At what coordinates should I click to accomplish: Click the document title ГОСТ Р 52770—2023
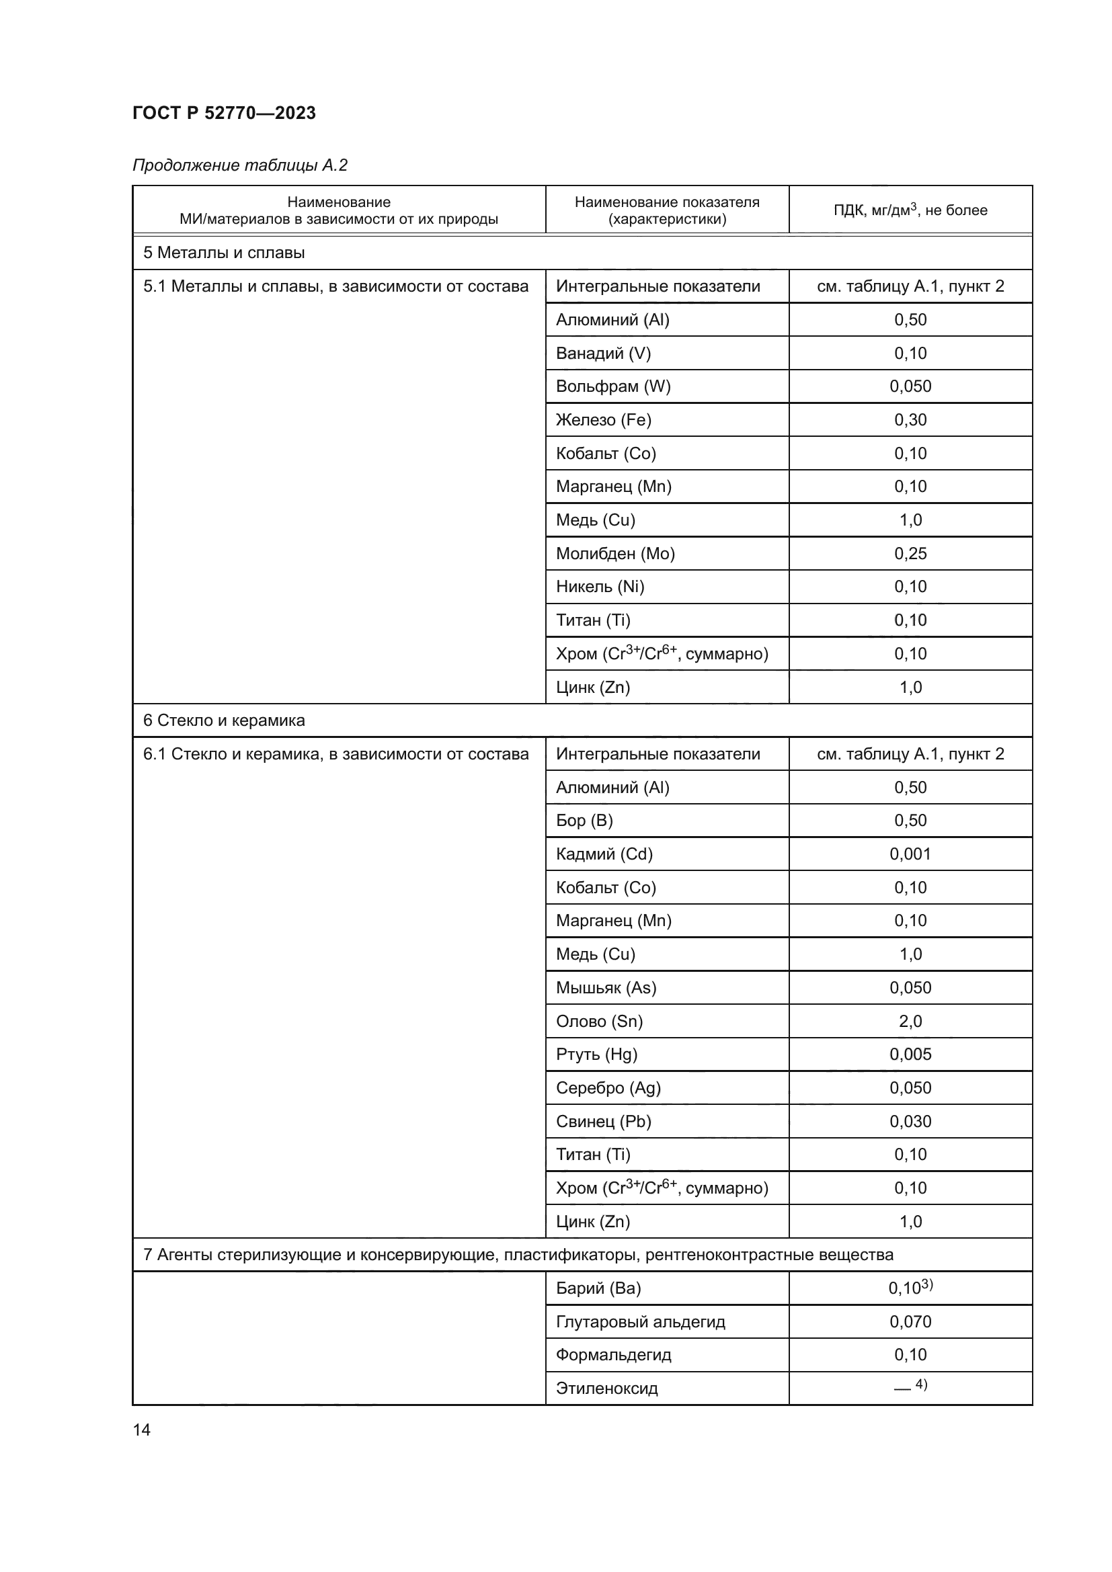coord(224,113)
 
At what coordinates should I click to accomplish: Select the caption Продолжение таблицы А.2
coord(239,165)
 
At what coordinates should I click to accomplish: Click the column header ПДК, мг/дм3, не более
coord(910,210)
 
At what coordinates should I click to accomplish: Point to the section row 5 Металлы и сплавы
coord(224,253)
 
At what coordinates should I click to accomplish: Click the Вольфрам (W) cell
coord(613,386)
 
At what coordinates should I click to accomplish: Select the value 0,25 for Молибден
coord(910,553)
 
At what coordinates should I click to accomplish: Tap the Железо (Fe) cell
coord(603,419)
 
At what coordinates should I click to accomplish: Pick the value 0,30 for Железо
coord(910,419)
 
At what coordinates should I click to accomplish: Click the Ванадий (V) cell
coord(603,354)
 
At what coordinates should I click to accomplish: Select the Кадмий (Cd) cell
coord(604,854)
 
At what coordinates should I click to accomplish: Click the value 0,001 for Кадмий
coord(910,854)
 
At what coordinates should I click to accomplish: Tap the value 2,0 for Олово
coord(910,1021)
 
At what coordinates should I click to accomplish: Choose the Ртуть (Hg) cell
coord(596,1054)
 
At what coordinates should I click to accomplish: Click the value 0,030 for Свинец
coord(910,1122)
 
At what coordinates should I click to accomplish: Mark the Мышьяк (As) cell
coord(606,987)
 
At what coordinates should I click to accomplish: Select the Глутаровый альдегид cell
coord(640,1321)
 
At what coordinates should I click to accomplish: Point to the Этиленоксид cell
coord(606,1389)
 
